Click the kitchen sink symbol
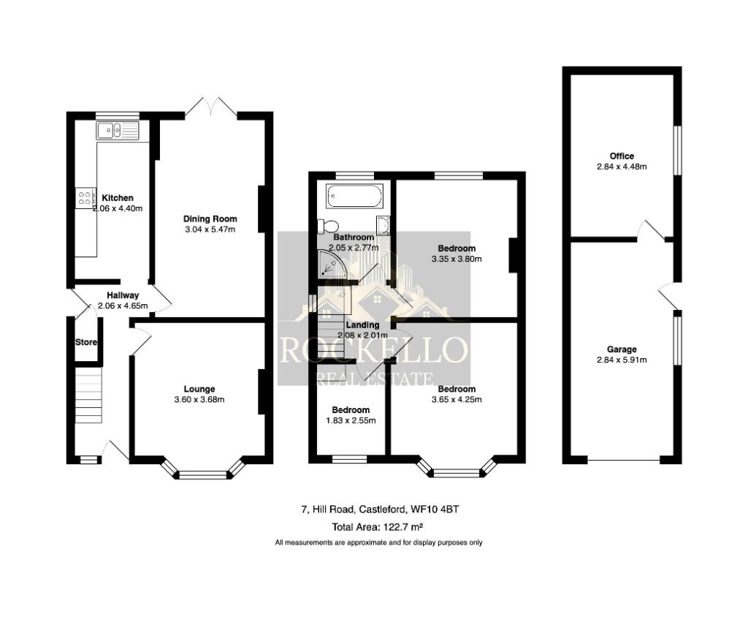(117, 132)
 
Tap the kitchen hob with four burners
(85, 197)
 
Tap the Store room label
(86, 342)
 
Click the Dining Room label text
(210, 219)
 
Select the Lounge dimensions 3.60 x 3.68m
(199, 399)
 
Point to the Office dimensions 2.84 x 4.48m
(622, 167)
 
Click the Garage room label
(622, 349)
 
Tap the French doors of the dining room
(210, 107)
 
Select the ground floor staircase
(88, 395)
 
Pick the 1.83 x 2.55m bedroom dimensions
(351, 420)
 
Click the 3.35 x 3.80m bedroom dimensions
(457, 259)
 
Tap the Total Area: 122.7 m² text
(378, 526)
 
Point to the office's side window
(676, 151)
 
